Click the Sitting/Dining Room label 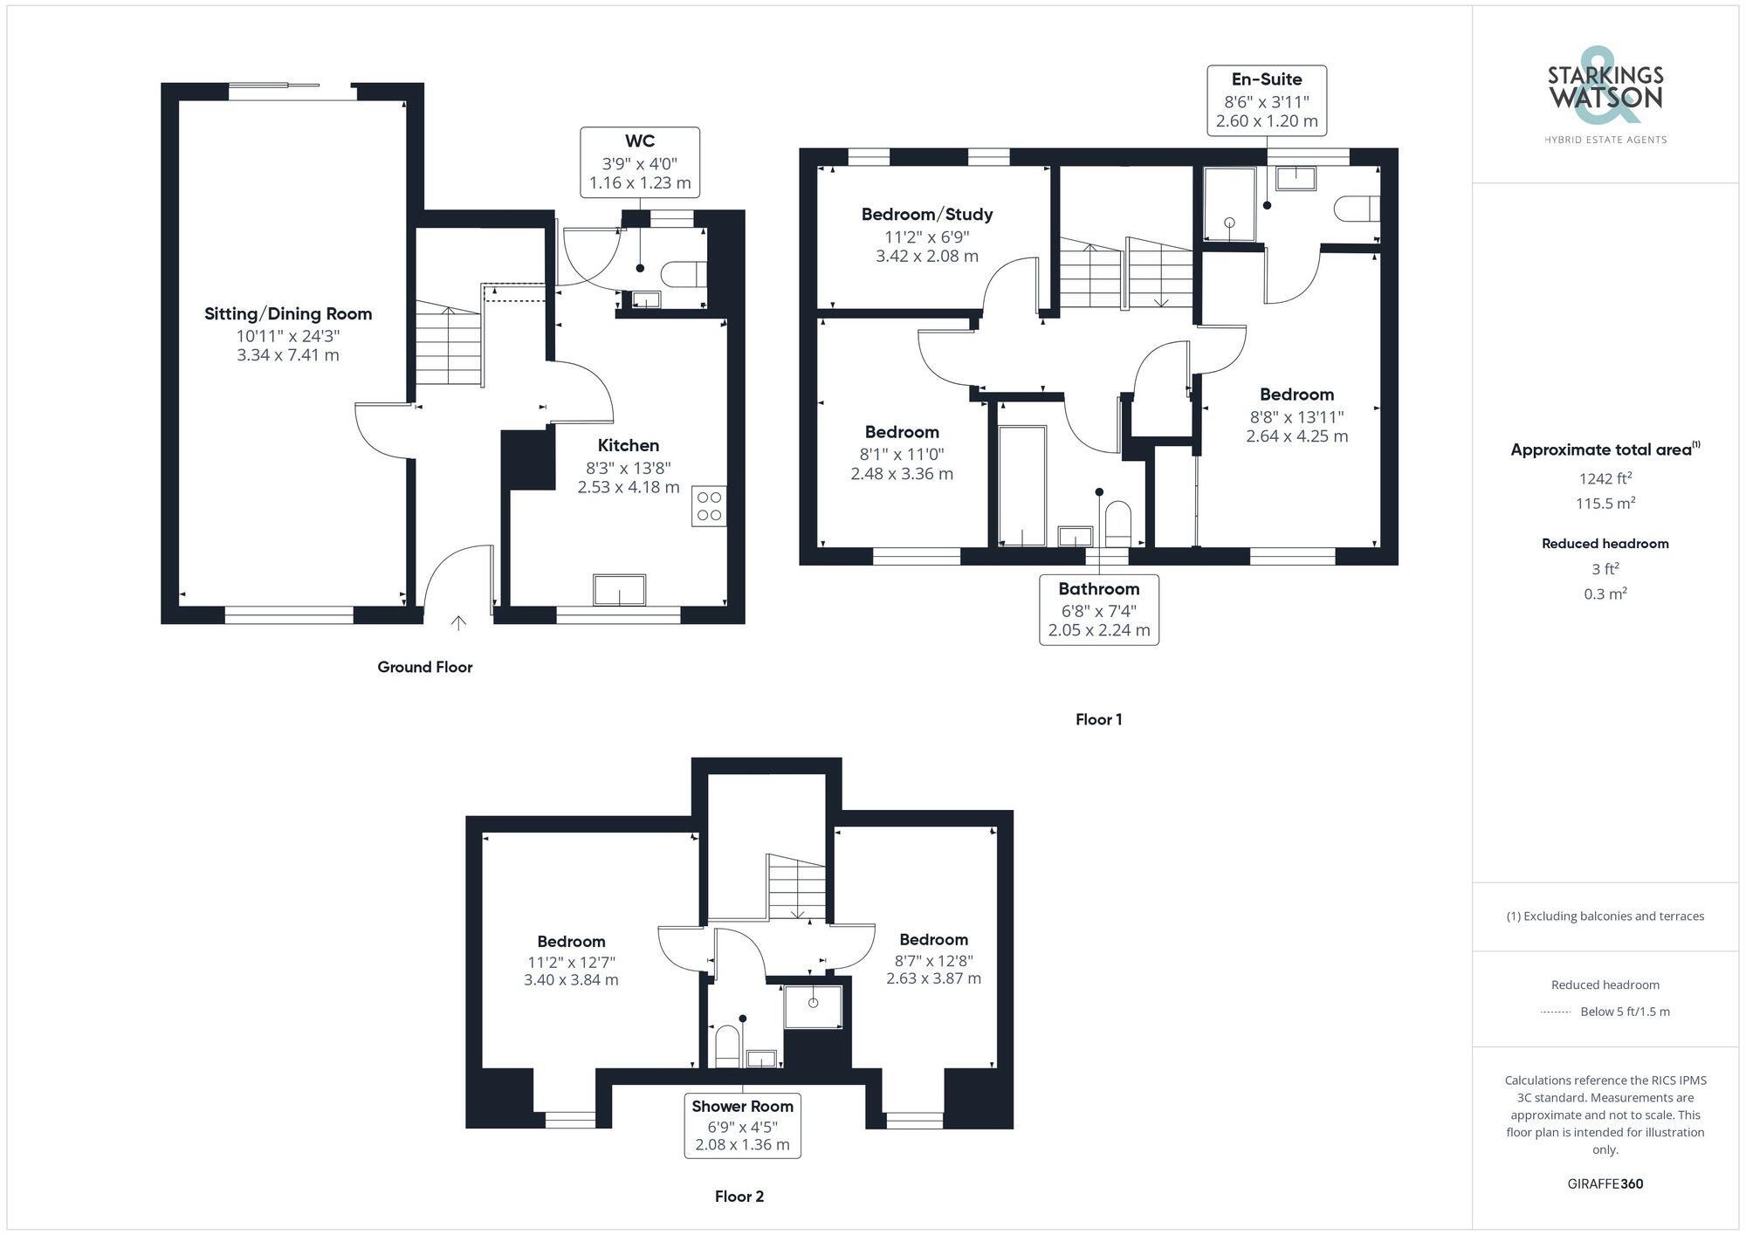point(288,314)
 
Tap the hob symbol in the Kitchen point(709,506)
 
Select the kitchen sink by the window point(619,590)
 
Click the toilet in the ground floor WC point(684,274)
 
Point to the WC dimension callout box point(640,162)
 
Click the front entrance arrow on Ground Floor point(458,622)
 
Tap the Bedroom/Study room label point(926,215)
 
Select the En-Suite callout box point(1266,100)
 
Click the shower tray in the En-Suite point(1229,205)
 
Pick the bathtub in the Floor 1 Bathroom point(1021,485)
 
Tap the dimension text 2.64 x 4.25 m point(1296,436)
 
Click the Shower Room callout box point(742,1126)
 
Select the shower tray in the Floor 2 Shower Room point(813,1006)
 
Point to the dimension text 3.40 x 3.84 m point(571,980)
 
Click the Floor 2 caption point(739,1197)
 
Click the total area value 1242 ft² point(1605,478)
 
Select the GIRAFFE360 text point(1605,1184)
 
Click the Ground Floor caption point(424,668)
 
